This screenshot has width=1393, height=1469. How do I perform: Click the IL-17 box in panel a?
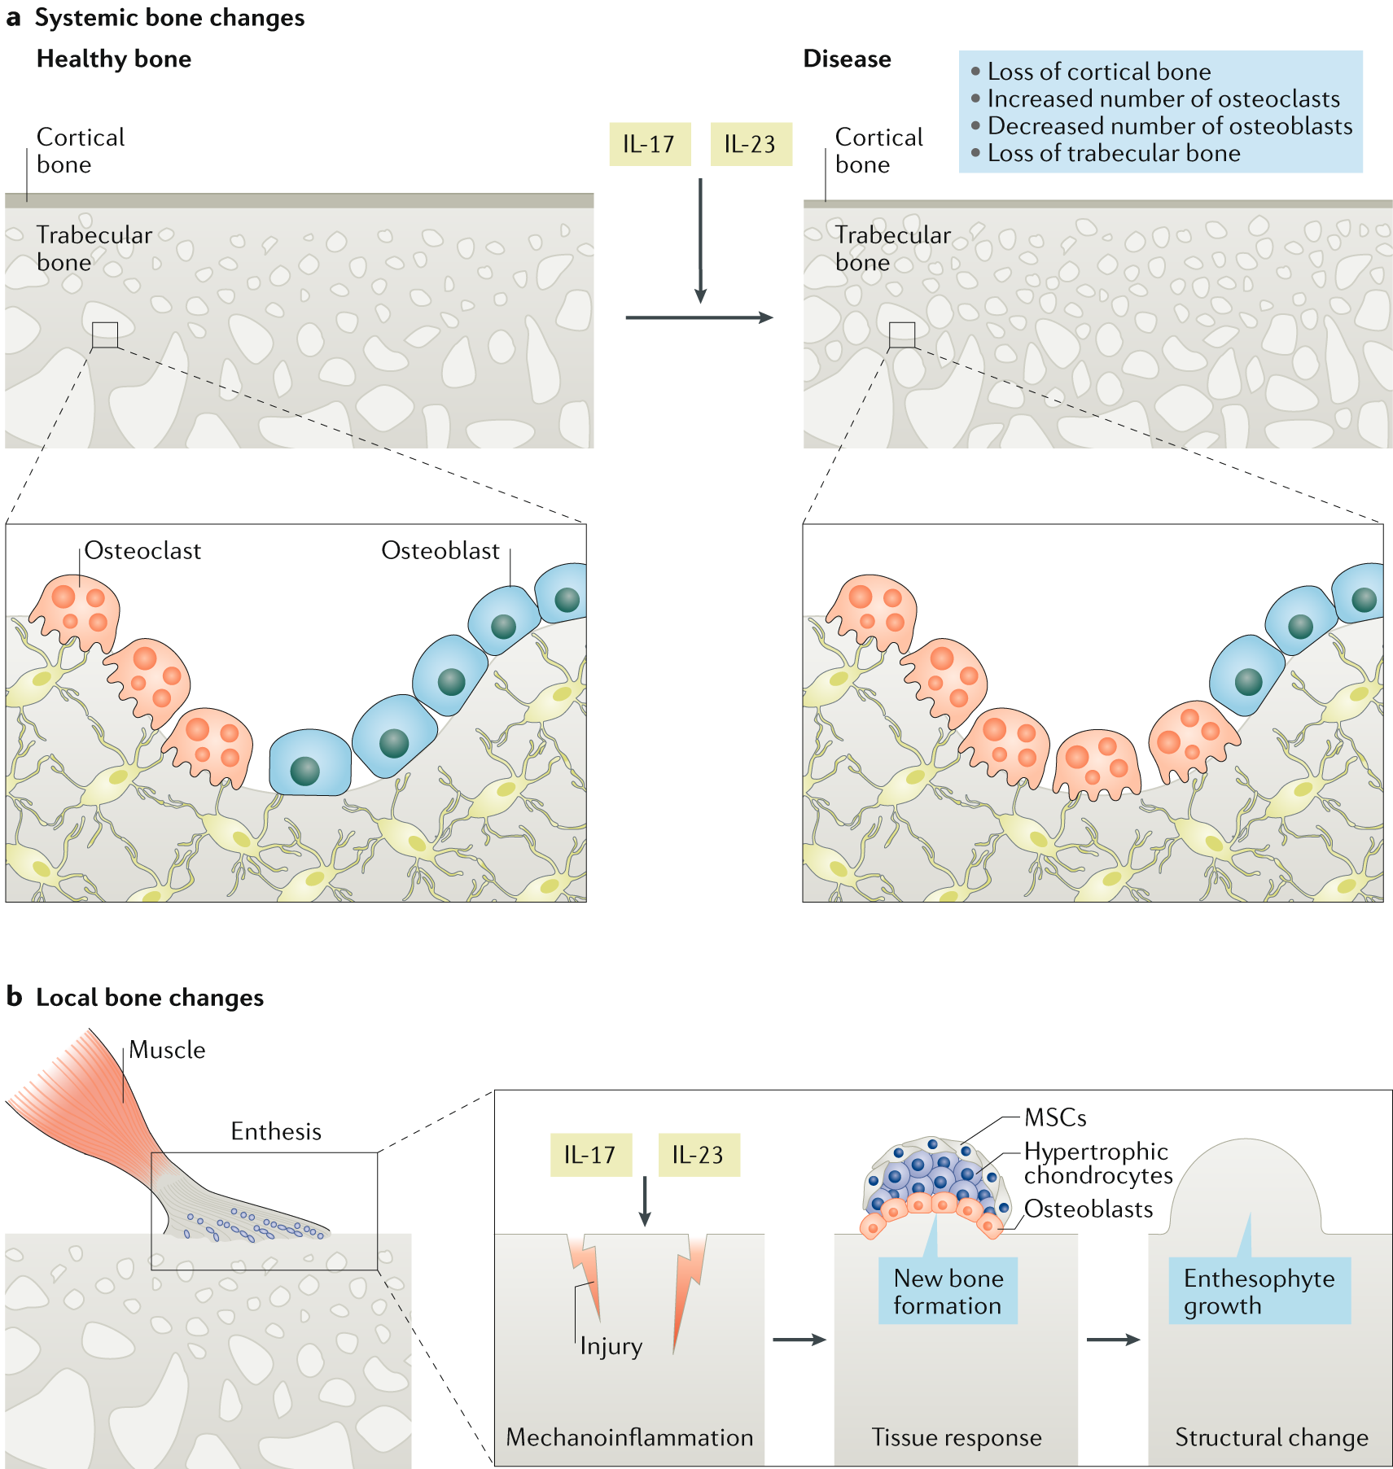(649, 144)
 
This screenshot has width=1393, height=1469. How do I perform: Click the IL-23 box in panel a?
(750, 144)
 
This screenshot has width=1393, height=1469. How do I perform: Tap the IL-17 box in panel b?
(590, 1154)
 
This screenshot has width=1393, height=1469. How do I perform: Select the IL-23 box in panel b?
(698, 1154)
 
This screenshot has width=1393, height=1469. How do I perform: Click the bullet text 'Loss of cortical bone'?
(1098, 72)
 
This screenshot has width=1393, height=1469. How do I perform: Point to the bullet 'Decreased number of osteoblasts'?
(1169, 126)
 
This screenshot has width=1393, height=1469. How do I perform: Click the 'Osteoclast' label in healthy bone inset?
(142, 551)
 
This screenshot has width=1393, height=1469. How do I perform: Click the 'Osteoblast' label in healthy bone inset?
(440, 551)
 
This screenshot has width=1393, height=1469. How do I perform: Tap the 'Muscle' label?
(167, 1050)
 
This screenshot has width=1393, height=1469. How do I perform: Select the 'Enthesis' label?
(276, 1131)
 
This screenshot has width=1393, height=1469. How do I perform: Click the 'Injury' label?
(611, 1346)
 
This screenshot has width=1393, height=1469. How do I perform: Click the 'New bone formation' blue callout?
(948, 1292)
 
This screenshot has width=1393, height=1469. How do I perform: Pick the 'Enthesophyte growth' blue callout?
(1259, 1292)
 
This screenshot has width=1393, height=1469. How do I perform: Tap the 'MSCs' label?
(1055, 1117)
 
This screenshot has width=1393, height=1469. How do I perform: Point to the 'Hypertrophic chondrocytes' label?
(1097, 1163)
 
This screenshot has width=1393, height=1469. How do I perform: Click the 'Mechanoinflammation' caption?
(629, 1437)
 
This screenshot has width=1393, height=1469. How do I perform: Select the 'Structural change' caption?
(1271, 1437)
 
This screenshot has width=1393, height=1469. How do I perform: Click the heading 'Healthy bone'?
(114, 59)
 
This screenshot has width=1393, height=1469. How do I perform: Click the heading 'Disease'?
(847, 59)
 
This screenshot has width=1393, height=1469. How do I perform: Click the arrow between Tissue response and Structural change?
(1112, 1340)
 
